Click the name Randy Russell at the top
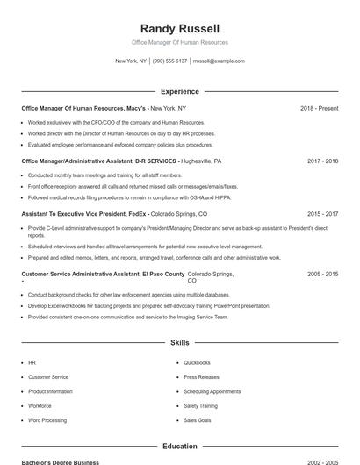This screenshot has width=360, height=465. click(180, 28)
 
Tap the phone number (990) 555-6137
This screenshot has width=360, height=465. click(169, 61)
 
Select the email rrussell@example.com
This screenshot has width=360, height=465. click(219, 61)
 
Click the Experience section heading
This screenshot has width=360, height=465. click(180, 91)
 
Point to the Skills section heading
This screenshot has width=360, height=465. click(180, 342)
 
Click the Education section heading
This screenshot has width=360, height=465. click(180, 447)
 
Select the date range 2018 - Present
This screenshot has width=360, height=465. click(319, 108)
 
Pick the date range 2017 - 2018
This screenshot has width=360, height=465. click(322, 161)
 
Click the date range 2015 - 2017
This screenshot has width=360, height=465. click(322, 213)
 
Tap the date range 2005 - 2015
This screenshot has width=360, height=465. click(322, 274)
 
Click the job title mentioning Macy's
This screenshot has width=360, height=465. click(83, 108)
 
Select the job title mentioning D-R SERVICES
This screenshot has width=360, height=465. click(98, 161)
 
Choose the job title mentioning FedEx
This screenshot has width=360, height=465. click(84, 213)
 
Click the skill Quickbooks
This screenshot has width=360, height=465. click(197, 362)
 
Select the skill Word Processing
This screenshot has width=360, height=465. click(47, 420)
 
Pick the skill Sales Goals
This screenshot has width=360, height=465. click(198, 420)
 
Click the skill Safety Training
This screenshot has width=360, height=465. click(200, 406)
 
